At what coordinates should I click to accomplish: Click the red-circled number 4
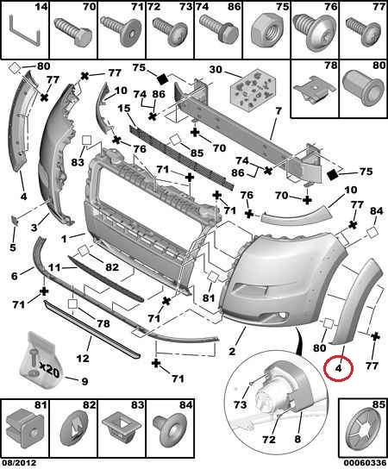(338, 368)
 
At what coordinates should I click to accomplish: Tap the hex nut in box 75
(265, 31)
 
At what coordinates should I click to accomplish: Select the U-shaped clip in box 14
(25, 31)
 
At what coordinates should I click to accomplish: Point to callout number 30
(216, 69)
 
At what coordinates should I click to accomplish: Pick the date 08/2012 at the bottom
(18, 463)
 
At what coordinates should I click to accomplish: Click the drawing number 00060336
(365, 463)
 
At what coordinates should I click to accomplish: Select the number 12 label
(83, 358)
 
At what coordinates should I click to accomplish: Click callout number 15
(124, 108)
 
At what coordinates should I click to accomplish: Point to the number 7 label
(278, 111)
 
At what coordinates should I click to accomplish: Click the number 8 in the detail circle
(297, 439)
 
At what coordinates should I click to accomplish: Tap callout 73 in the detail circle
(240, 404)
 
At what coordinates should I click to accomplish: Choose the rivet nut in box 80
(363, 89)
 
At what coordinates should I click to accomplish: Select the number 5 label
(13, 247)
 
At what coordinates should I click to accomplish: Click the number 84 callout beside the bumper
(376, 211)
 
